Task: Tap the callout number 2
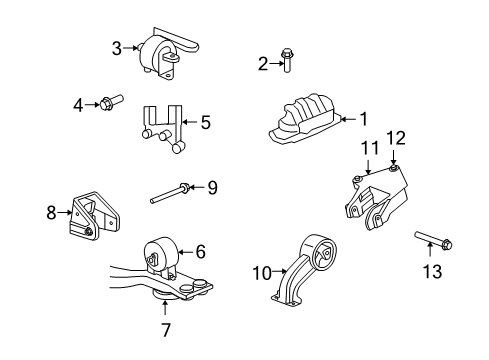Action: (x=264, y=65)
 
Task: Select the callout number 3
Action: (x=117, y=47)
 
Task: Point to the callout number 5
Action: (x=205, y=123)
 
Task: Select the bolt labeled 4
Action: (x=110, y=101)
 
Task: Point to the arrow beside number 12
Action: (x=395, y=157)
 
